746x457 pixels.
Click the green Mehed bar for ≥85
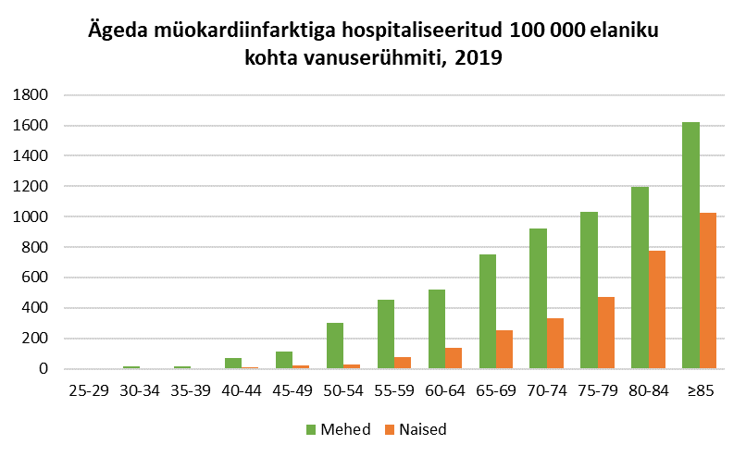(x=690, y=245)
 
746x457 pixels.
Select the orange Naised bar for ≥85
(x=708, y=290)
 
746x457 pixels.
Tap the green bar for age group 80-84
(x=640, y=278)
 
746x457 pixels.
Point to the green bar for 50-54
(x=335, y=346)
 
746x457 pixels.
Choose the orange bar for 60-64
(x=454, y=358)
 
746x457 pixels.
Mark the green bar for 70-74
(x=538, y=299)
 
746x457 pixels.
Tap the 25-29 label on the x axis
(x=89, y=390)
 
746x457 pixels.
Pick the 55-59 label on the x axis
(x=393, y=390)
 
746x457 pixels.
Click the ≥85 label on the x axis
(x=699, y=390)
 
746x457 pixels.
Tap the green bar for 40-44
(x=233, y=363)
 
